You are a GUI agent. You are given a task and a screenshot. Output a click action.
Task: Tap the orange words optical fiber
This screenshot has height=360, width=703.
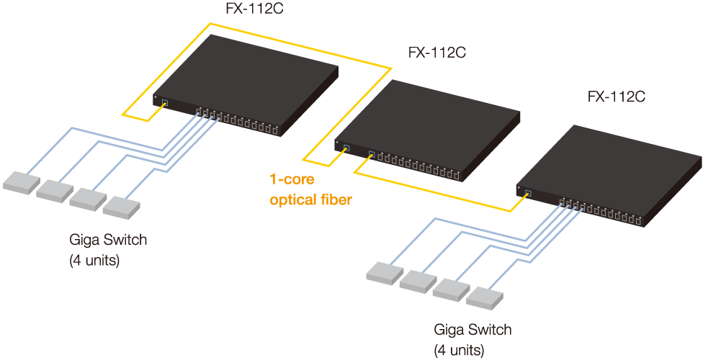[310, 200]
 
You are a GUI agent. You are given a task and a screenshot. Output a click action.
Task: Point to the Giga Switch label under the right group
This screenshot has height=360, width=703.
[473, 330]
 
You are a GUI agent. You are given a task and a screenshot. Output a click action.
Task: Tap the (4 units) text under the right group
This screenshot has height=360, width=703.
[459, 351]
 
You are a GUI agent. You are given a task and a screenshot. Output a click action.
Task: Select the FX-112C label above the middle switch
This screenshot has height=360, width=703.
[438, 53]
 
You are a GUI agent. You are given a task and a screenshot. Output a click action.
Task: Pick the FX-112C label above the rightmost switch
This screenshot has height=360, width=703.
[617, 97]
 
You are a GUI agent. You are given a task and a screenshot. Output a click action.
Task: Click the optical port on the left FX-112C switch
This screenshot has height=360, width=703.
[164, 103]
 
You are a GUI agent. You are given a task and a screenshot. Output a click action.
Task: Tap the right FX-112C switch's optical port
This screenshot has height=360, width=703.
[528, 192]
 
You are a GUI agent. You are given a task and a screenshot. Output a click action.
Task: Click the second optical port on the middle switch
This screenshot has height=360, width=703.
[371, 153]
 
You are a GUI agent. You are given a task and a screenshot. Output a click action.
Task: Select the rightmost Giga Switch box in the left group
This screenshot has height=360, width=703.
[121, 207]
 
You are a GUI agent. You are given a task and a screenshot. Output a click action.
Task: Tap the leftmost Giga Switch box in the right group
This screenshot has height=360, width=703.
[386, 272]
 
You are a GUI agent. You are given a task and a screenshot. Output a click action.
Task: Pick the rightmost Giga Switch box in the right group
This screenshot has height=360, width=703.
[485, 297]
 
